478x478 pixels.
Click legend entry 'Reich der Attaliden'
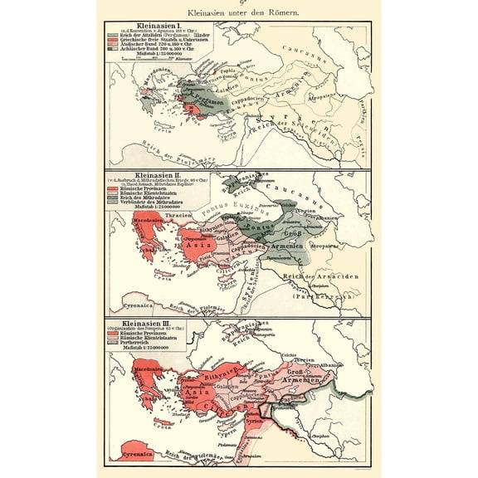[x=145, y=40]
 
